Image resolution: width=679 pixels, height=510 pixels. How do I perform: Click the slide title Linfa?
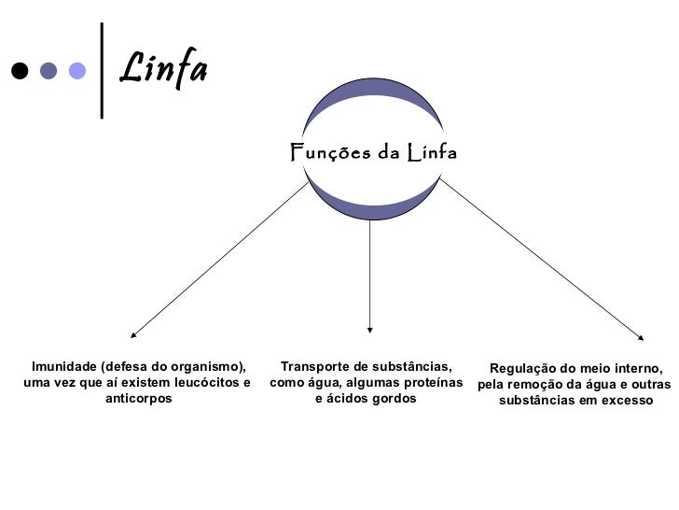point(164,67)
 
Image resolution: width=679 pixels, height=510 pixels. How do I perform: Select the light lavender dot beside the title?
point(77,71)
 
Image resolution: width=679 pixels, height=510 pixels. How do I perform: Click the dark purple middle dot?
point(48,71)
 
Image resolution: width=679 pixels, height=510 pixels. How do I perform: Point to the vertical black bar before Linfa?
point(101,69)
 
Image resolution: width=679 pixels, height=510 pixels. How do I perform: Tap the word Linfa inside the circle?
point(431,151)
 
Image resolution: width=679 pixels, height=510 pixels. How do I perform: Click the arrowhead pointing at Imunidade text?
point(133,333)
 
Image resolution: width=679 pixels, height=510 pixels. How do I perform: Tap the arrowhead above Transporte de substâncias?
point(370,329)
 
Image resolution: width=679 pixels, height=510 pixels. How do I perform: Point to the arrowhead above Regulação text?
point(641,337)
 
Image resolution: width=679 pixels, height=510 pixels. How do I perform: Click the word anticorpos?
point(138,399)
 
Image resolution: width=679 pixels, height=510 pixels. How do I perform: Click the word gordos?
point(393,399)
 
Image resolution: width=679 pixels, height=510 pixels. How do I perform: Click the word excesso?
point(629,401)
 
